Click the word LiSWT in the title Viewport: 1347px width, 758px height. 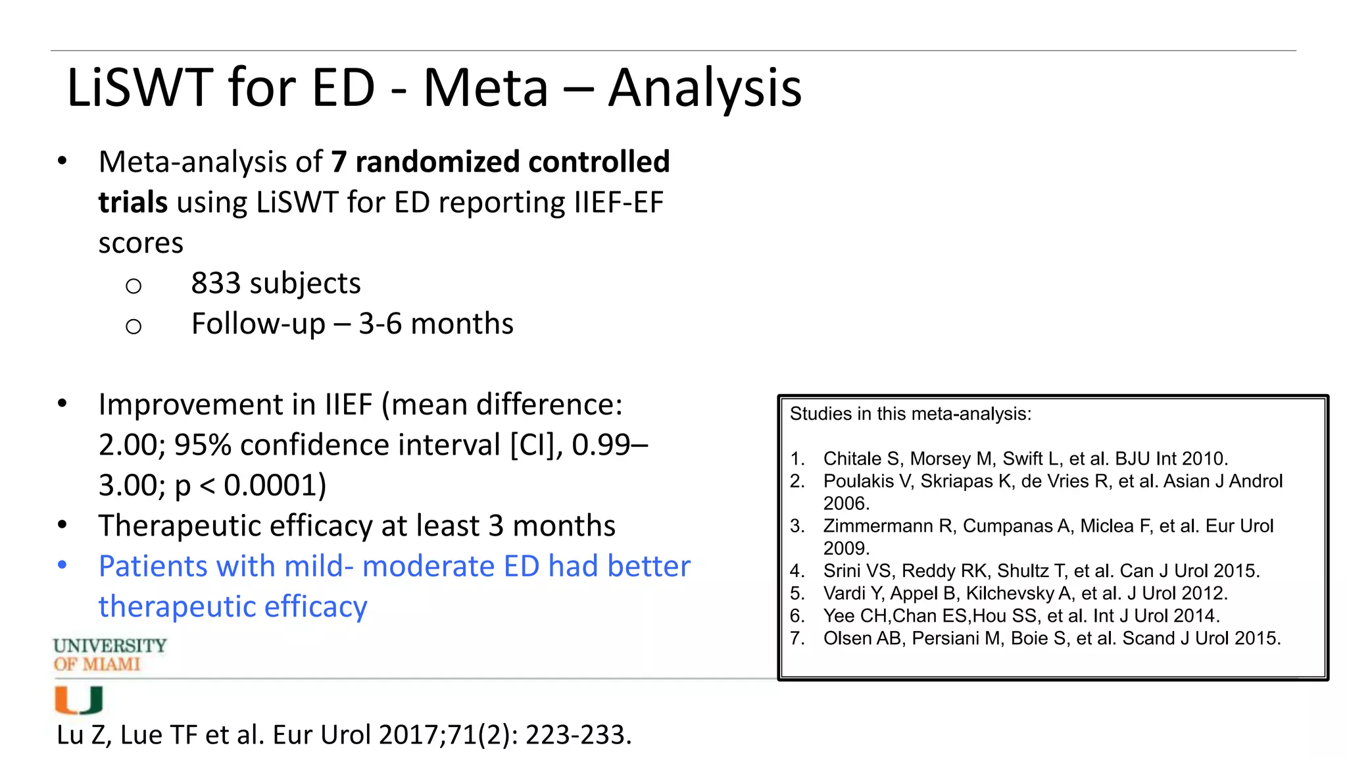[x=139, y=88]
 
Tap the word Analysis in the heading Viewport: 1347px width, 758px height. [x=704, y=88]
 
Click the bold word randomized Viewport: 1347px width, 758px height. [x=436, y=162]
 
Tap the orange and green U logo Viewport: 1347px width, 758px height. [x=78, y=700]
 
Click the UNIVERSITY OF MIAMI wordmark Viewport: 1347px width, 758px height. [x=109, y=655]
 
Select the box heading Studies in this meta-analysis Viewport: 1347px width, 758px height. [x=910, y=414]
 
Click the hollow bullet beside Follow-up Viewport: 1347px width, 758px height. [x=134, y=326]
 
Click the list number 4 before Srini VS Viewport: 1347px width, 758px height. [x=796, y=570]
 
